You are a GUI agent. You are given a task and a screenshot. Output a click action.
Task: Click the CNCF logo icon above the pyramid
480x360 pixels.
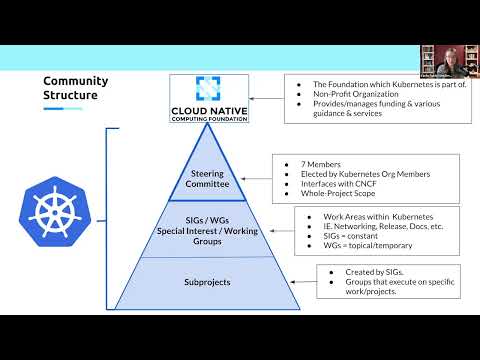[209, 88]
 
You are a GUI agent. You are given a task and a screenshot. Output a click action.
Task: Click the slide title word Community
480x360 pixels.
[73, 81]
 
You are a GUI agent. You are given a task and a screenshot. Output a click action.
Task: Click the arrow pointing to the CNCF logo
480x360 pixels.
[266, 98]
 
